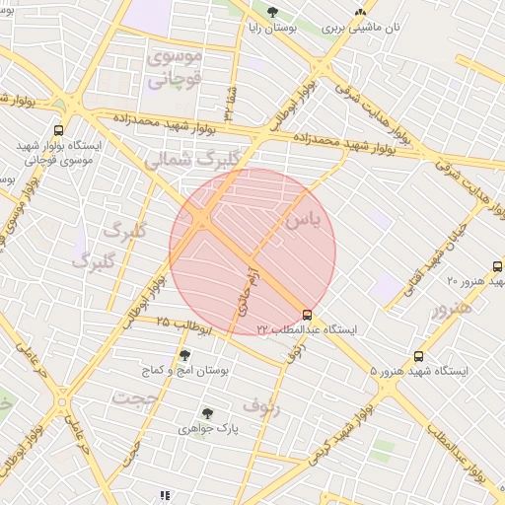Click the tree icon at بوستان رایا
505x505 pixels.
[x=271, y=13]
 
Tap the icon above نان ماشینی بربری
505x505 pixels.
[x=360, y=13]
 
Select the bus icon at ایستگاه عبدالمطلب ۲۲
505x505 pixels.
[x=307, y=314]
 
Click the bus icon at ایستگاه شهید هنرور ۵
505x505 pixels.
[x=419, y=357]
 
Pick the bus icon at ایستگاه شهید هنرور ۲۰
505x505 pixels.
[x=497, y=266]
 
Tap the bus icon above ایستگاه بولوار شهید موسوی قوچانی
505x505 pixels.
[x=58, y=130]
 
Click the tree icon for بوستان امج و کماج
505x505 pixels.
[x=184, y=356]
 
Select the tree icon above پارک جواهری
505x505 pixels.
[x=207, y=414]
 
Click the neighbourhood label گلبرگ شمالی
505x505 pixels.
[x=192, y=160]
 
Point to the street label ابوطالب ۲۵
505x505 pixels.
[x=184, y=325]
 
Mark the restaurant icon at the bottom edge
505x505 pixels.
[x=164, y=495]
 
